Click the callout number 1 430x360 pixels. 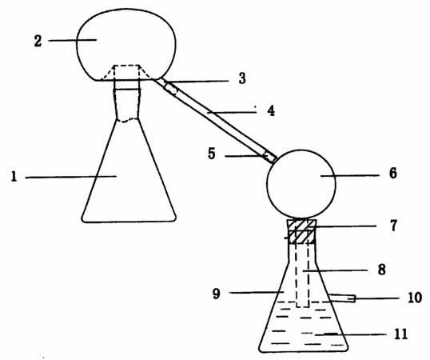(x=14, y=177)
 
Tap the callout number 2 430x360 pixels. (x=38, y=41)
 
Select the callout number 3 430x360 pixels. (x=242, y=78)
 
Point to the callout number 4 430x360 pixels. (x=271, y=111)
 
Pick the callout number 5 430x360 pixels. (x=212, y=154)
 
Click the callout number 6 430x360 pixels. (x=393, y=174)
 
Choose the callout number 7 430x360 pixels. (x=393, y=226)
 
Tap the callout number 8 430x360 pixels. (x=382, y=270)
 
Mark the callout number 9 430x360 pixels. (x=217, y=294)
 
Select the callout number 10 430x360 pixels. (x=415, y=298)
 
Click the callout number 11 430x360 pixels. (x=401, y=334)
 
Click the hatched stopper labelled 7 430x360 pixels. (x=302, y=231)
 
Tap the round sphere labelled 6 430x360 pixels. (x=301, y=184)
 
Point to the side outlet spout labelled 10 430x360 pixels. (x=342, y=298)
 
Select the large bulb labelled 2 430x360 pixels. (x=125, y=45)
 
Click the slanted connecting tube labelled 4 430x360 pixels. (x=215, y=121)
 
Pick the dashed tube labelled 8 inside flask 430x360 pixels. (x=302, y=274)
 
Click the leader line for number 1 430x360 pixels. (x=71, y=177)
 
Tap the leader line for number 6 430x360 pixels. (x=350, y=175)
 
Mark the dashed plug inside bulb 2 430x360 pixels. (x=126, y=73)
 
